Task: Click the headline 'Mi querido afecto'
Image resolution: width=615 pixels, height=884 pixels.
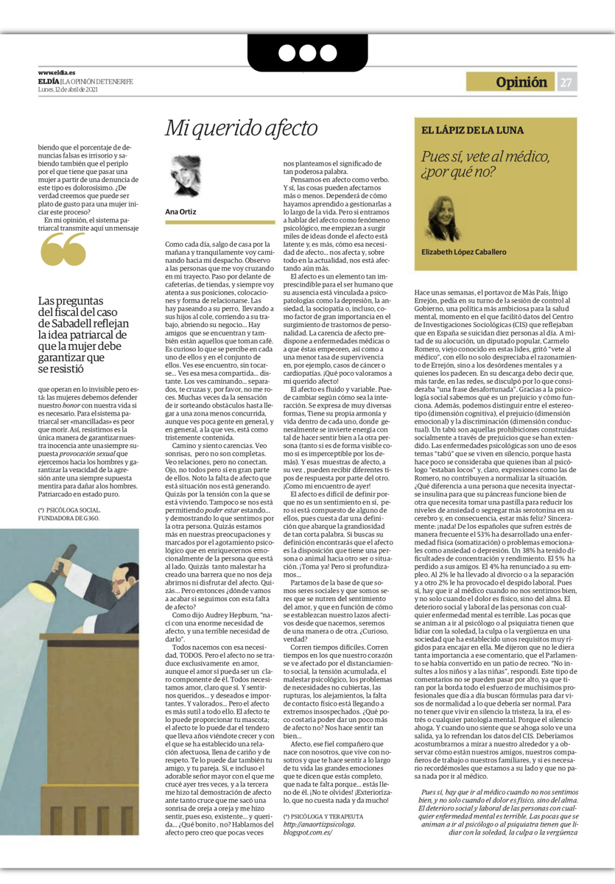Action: [x=229, y=128]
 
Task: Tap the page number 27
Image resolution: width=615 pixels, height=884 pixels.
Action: [x=565, y=83]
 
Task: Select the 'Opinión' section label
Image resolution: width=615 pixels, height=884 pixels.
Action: [x=521, y=83]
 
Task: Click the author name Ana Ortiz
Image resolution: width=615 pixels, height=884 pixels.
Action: [x=180, y=211]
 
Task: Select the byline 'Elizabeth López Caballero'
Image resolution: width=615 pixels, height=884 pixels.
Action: [x=464, y=252]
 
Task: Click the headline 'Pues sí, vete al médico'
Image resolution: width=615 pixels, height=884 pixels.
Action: [x=485, y=164]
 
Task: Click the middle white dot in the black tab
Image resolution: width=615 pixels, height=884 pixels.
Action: [x=306, y=52]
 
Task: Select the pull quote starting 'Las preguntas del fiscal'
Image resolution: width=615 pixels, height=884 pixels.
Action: [x=83, y=335]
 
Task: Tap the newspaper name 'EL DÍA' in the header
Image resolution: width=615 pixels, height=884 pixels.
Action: [x=49, y=81]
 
